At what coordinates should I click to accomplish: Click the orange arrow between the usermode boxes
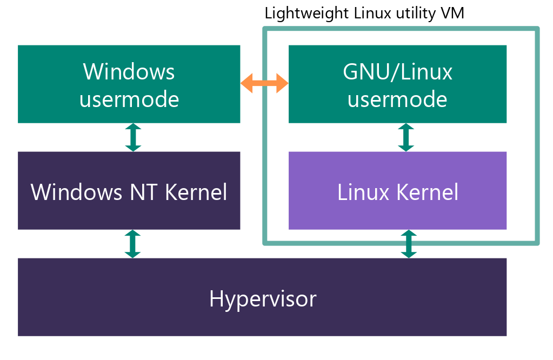coord(264,83)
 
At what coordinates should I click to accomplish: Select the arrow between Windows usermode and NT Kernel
coord(133,137)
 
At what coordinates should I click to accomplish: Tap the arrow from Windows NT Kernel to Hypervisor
coord(133,244)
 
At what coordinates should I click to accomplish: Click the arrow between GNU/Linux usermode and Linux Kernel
coord(405,137)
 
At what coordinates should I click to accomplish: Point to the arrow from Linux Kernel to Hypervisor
coord(409,244)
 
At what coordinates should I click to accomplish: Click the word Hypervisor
coord(263,298)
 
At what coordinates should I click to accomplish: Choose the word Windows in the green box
coord(129,71)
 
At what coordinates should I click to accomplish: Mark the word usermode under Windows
coord(129,99)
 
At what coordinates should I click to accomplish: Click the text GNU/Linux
coord(397,71)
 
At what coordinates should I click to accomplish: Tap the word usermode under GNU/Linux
coord(397,99)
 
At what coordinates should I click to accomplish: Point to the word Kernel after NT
coord(195,192)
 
